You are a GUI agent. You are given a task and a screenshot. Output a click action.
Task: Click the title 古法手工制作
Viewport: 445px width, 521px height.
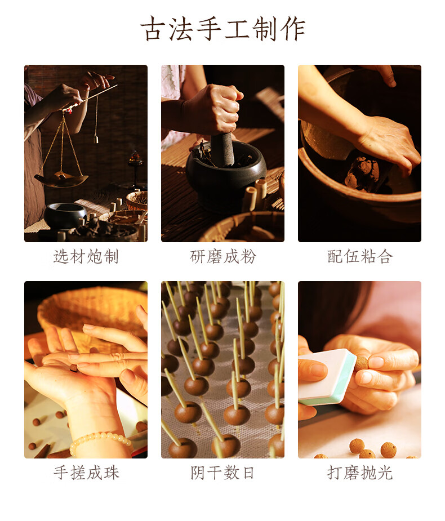click(x=222, y=29)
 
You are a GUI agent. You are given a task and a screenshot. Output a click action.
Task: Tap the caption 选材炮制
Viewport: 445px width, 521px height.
click(x=86, y=256)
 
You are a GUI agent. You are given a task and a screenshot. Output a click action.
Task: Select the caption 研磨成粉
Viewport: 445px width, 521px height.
click(x=222, y=256)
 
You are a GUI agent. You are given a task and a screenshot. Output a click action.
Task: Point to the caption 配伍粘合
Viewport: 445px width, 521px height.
click(x=359, y=256)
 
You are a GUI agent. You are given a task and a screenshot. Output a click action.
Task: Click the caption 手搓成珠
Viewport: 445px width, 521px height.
click(x=86, y=473)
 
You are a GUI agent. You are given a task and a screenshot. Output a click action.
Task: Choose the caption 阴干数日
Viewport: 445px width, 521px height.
click(x=222, y=473)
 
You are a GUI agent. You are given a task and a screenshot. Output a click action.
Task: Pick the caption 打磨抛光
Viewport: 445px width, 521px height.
click(x=359, y=473)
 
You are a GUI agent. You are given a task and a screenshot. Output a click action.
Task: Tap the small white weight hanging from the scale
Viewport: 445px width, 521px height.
click(x=96, y=139)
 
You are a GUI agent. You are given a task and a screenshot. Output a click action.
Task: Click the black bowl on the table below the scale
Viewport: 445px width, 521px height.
click(x=65, y=215)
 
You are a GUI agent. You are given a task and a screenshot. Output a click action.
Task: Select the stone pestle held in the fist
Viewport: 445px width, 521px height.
click(x=222, y=149)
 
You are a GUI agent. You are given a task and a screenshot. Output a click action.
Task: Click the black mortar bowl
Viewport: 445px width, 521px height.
click(x=226, y=176)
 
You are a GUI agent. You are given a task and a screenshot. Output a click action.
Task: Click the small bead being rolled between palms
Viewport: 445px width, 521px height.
click(x=73, y=367)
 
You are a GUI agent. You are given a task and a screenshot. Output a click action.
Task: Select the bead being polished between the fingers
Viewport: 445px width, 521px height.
click(x=362, y=363)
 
